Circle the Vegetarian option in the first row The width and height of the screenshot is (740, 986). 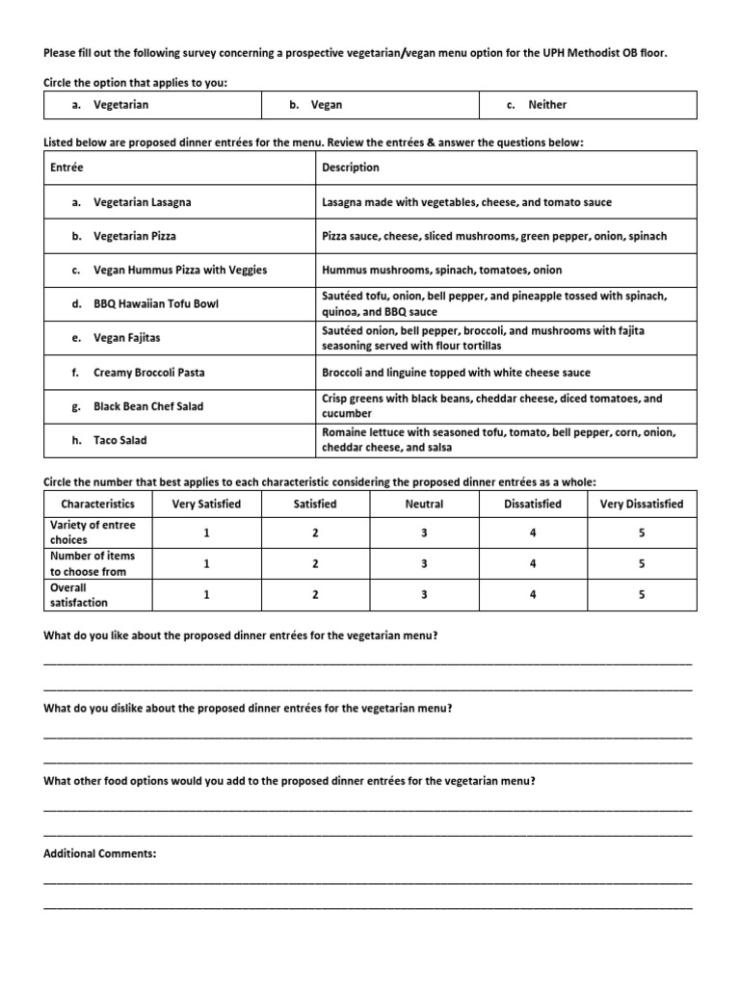tap(120, 105)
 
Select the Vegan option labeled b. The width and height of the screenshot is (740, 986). tap(326, 105)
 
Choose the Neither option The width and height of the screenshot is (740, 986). tap(546, 105)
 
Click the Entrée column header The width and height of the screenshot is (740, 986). tap(66, 168)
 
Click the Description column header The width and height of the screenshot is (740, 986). tap(350, 168)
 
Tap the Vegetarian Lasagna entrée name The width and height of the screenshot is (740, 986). tap(142, 202)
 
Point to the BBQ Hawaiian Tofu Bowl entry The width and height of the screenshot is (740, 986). tap(155, 304)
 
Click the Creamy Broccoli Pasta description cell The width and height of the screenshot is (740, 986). tap(456, 373)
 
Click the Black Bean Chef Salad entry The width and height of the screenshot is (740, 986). tap(147, 406)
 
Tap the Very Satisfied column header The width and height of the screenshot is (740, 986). tap(206, 504)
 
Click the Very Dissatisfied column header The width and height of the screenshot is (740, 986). tap(642, 504)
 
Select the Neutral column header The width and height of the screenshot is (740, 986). tap(424, 504)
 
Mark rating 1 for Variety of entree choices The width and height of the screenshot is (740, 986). tap(206, 532)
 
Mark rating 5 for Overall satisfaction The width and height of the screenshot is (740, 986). tap(642, 595)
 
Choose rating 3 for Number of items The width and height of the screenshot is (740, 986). tap(424, 564)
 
